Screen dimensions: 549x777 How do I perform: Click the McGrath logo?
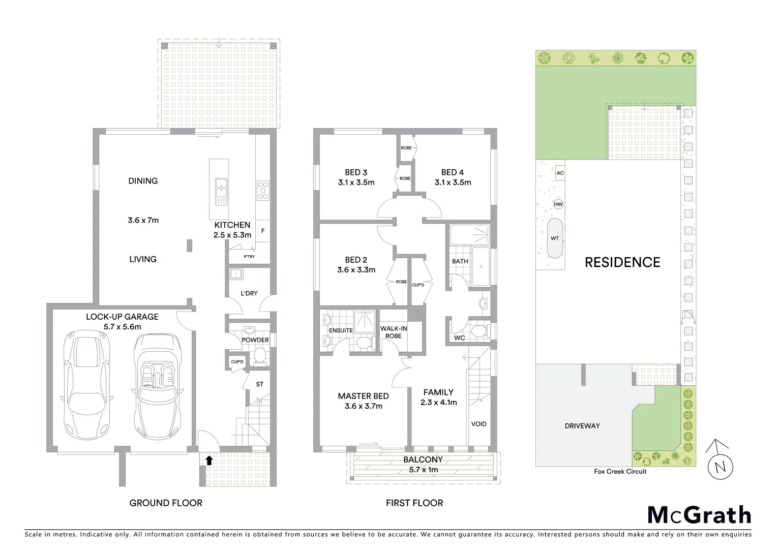tap(699, 515)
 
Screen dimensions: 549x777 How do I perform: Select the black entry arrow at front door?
tap(208, 461)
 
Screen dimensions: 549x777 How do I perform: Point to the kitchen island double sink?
tap(221, 191)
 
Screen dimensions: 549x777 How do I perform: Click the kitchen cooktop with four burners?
tap(263, 191)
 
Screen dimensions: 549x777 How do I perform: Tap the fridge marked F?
tap(263, 231)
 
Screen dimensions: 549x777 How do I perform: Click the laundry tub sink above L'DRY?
tap(235, 274)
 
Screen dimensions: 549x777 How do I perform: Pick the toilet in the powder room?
tap(260, 355)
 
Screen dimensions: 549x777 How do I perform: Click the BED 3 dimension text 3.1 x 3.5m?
tap(356, 182)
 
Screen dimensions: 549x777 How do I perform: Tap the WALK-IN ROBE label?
tap(393, 332)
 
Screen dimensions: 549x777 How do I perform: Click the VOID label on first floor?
tap(479, 424)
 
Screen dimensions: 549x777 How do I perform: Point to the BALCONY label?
tap(423, 460)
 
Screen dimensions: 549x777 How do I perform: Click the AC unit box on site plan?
tap(560, 173)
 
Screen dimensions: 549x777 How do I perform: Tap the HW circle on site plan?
tap(558, 204)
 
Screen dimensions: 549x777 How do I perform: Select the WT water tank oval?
tap(555, 238)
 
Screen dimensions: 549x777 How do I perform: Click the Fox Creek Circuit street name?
tap(620, 471)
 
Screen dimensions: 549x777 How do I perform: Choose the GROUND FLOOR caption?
tap(166, 503)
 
